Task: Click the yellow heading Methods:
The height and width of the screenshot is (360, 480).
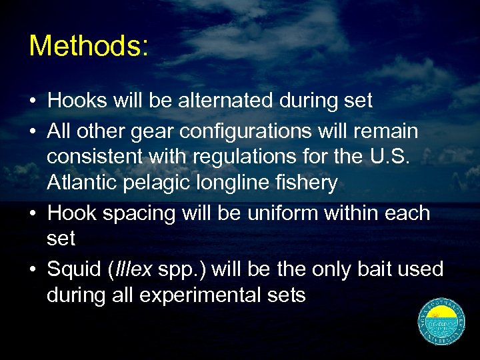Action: (89, 46)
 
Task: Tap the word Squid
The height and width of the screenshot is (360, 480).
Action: (72, 270)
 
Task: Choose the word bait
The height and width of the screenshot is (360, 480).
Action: (365, 269)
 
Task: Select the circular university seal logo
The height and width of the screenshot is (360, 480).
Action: (441, 321)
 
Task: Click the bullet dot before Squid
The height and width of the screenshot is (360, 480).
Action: (32, 269)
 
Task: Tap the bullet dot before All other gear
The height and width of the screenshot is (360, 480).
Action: (32, 131)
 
